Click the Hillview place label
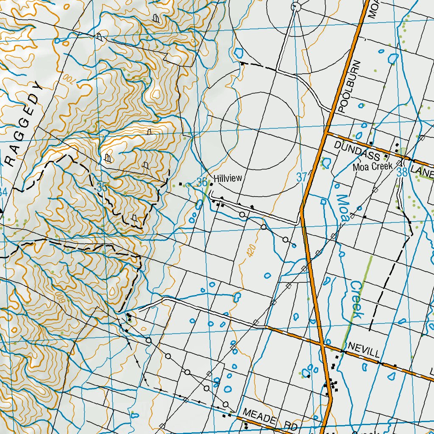[x=228, y=179]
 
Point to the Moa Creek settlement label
[x=373, y=167]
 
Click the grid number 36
[x=202, y=183]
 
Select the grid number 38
[x=402, y=172]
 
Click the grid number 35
[x=101, y=187]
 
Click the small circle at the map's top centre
[x=296, y=6]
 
